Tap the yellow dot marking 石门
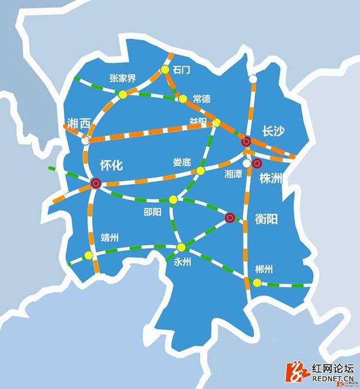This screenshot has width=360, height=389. point(165,69)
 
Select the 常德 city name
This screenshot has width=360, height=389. point(201,99)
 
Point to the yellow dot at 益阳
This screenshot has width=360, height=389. point(217,123)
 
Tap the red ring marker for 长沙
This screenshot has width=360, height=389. point(246,142)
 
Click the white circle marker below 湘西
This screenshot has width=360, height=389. point(85,141)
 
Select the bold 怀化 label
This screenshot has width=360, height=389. point(111,165)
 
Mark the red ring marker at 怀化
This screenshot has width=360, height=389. point(96,182)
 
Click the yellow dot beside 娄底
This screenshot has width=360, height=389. point(200,171)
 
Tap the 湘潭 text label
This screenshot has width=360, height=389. point(233,175)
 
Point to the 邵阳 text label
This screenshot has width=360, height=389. point(152,212)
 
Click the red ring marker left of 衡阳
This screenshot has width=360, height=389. point(229,217)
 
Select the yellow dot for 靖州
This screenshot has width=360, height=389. point(88,256)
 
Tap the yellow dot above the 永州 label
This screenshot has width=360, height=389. point(181,247)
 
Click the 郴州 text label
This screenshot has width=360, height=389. point(263,269)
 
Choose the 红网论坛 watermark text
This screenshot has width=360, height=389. point(332,369)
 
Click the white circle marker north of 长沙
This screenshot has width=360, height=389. point(253,79)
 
